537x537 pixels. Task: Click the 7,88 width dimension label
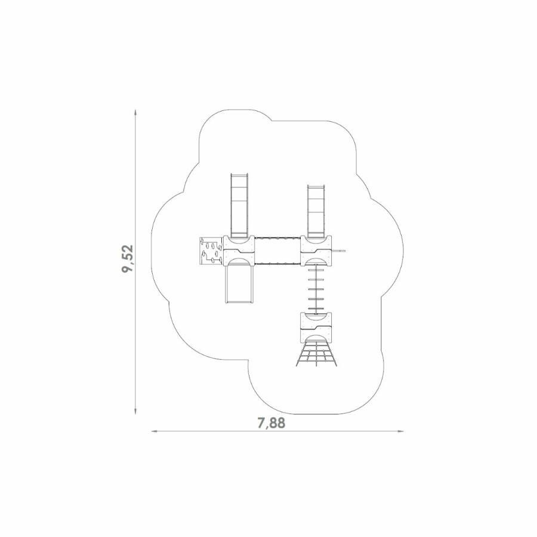point(271,423)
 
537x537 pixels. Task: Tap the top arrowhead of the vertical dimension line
point(136,113)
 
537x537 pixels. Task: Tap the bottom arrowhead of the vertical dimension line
point(136,411)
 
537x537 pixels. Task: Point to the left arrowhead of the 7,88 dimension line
point(155,431)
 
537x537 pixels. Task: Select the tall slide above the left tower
point(239,205)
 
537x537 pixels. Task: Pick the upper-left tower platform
point(239,251)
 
